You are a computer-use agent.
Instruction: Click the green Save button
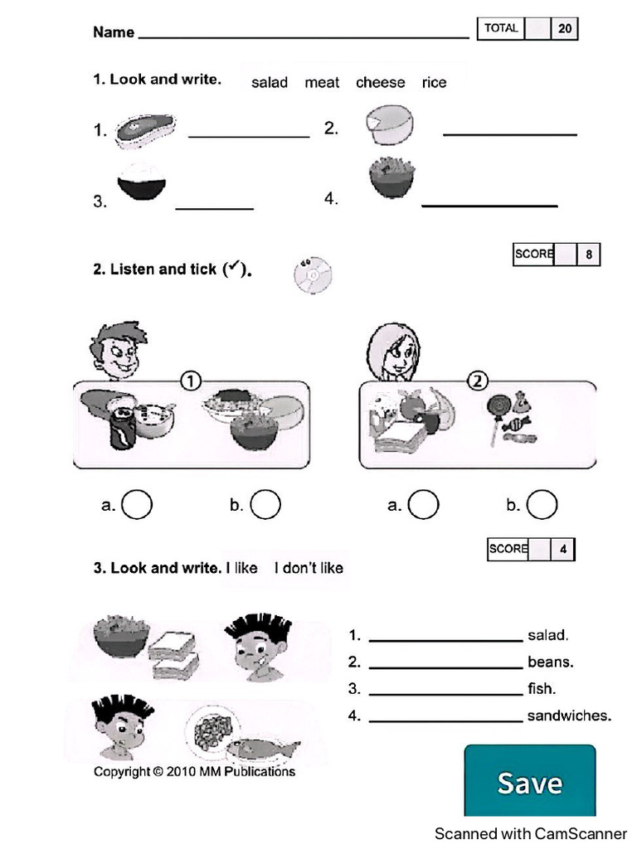529,781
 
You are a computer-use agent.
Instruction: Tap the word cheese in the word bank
380,82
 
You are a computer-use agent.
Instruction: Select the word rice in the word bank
434,82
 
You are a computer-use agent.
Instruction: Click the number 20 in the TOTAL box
565,29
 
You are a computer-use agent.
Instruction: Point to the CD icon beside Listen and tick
313,274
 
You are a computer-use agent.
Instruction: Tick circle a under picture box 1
137,504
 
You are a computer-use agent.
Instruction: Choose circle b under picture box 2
541,504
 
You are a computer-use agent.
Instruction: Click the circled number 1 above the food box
190,381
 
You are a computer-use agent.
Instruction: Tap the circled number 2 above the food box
478,381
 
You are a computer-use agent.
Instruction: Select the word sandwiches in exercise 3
569,716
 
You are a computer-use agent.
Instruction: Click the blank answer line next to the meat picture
249,135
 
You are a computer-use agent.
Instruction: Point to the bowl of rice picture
143,180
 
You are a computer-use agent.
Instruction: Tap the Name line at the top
303,36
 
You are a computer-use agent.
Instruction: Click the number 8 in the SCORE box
589,255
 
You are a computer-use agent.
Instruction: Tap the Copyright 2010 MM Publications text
194,772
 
